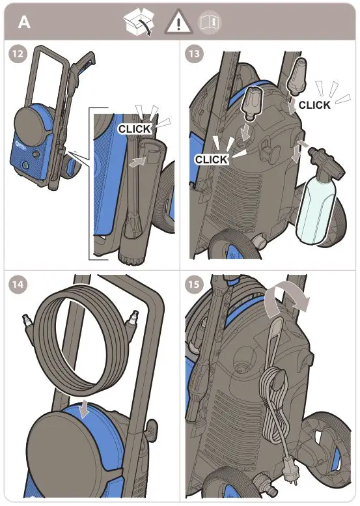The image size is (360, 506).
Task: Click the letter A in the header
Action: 24,21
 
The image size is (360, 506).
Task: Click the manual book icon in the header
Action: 210,22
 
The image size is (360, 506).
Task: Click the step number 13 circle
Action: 193,55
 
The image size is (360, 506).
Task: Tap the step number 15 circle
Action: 193,284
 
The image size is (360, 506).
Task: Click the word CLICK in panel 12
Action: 135,129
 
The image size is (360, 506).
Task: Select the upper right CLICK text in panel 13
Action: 314,105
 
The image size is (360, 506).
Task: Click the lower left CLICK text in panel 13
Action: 212,159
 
